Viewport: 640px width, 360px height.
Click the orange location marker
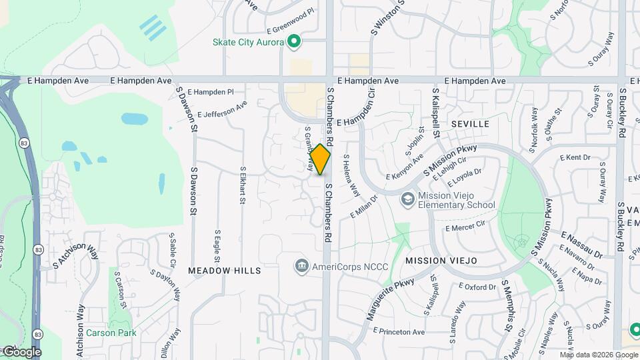click(321, 159)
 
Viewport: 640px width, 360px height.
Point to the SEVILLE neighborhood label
click(469, 124)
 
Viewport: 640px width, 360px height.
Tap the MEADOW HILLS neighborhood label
click(224, 271)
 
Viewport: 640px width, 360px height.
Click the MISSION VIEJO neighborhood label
click(441, 260)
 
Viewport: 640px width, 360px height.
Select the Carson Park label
click(111, 333)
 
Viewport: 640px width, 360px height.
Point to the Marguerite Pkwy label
click(390, 300)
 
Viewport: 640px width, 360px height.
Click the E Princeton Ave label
click(399, 331)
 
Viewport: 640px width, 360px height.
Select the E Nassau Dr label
click(581, 245)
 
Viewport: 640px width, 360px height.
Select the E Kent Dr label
click(577, 158)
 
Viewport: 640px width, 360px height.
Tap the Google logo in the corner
click(21, 351)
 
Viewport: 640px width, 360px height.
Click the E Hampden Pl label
click(211, 91)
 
